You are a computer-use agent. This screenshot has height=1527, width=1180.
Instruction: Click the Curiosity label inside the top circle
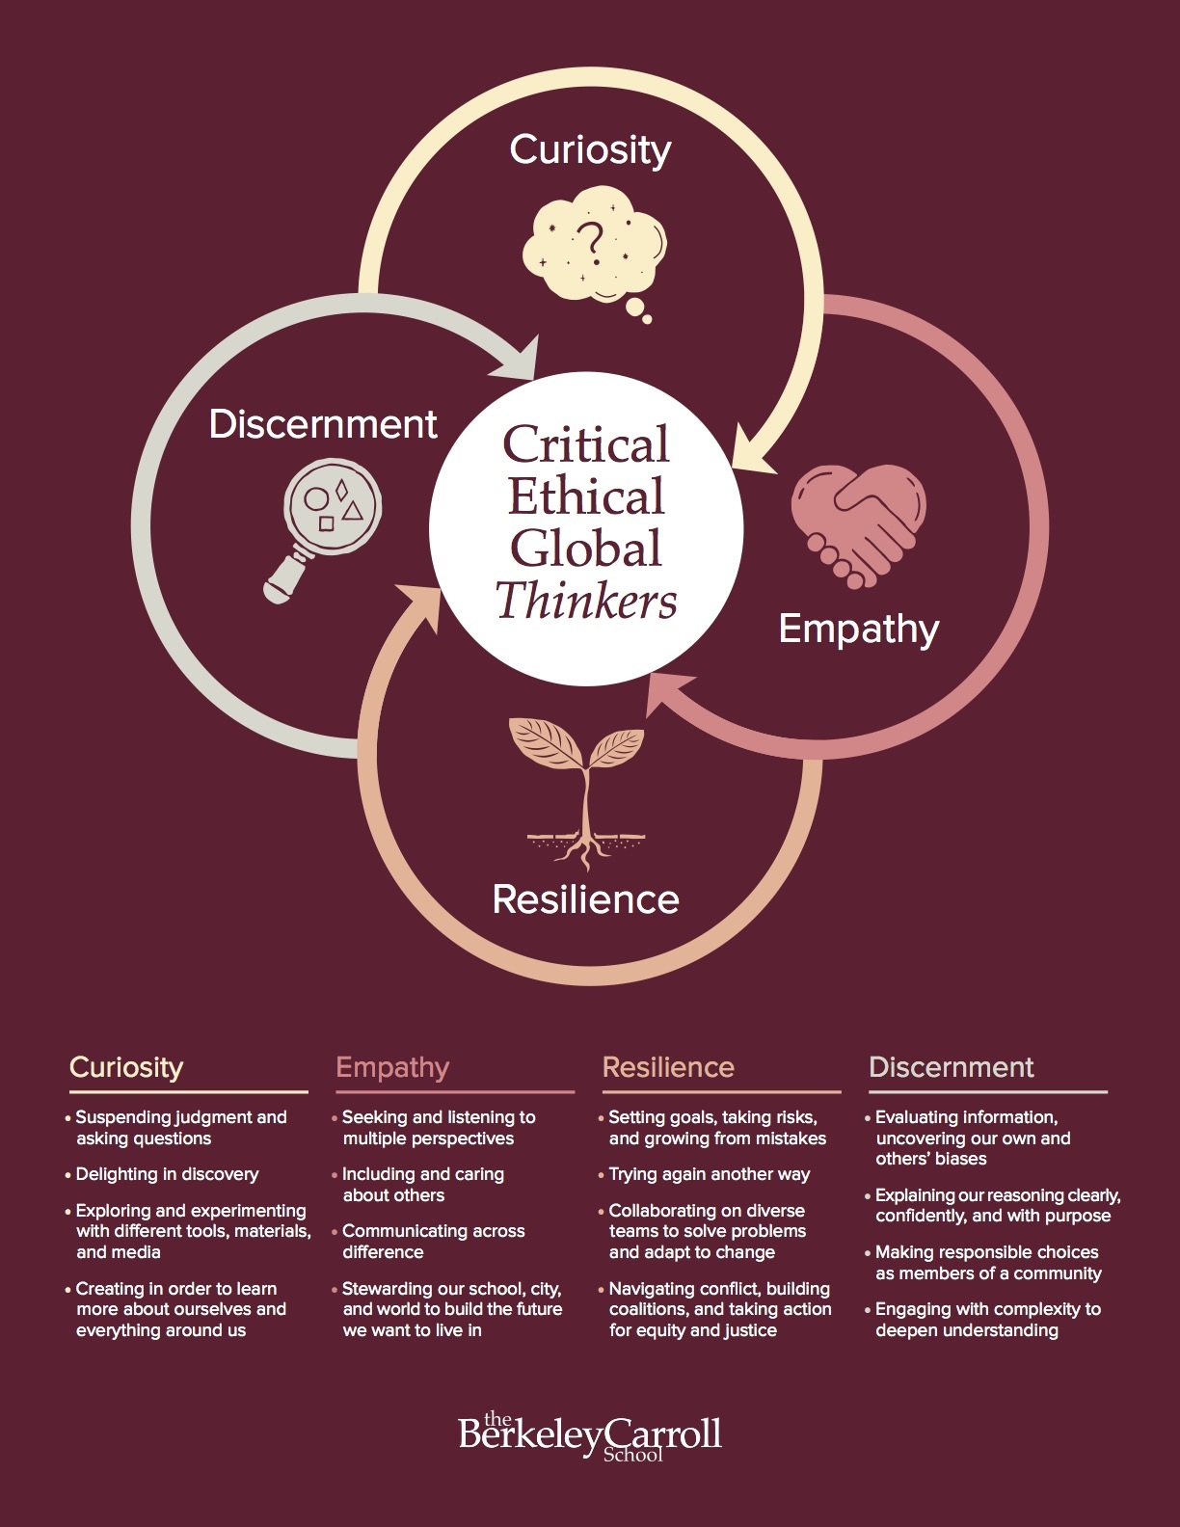click(590, 150)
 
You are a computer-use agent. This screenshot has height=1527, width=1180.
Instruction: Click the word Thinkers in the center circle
click(586, 601)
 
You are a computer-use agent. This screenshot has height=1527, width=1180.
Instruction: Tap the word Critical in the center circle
click(586, 444)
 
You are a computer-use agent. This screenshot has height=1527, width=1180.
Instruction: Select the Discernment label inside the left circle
click(323, 424)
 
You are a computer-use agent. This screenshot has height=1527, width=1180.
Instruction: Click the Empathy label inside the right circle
click(858, 629)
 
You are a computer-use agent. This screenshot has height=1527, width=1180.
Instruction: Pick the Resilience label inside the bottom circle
click(585, 899)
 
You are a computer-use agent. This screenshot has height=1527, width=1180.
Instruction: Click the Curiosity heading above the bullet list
click(126, 1067)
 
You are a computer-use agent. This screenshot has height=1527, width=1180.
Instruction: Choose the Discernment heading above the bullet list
click(951, 1067)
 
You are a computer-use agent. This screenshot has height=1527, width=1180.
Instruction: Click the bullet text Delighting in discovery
click(167, 1174)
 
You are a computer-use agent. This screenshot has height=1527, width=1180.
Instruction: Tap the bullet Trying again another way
click(709, 1174)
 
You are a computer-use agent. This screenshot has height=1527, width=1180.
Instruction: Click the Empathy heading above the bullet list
click(392, 1067)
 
